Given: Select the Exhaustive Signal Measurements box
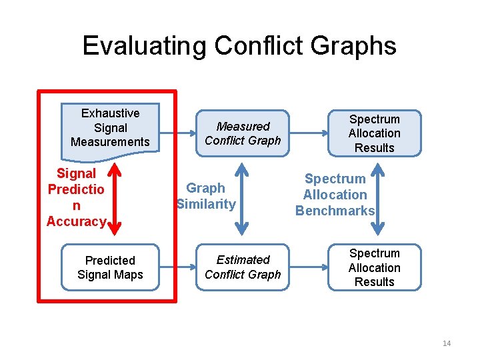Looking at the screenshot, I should click(110, 127).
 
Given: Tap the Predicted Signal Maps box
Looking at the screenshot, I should click(110, 267).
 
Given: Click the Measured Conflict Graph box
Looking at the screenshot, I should click(243, 133).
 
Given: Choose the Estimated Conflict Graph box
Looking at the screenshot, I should click(243, 267).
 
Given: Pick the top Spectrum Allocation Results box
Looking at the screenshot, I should click(374, 133).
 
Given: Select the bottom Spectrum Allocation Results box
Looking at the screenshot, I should click(374, 267).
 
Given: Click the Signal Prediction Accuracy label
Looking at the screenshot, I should click(76, 197).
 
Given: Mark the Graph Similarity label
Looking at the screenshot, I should click(205, 196).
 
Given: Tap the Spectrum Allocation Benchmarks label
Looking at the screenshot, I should click(335, 195).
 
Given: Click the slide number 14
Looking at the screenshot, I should click(446, 343).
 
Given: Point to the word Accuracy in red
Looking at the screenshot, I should click(76, 221).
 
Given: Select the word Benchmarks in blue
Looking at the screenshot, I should click(335, 211).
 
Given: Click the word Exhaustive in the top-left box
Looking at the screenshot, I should click(110, 113).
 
